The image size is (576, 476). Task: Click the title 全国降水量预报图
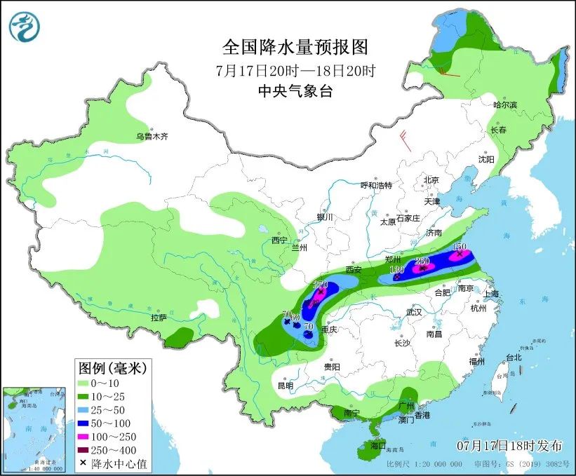pyautogui.click(x=295, y=47)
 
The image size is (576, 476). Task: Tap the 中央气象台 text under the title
pyautogui.click(x=295, y=90)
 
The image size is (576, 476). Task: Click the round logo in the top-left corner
pyautogui.click(x=25, y=26)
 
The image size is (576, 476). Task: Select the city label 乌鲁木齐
pyautogui.click(x=152, y=136)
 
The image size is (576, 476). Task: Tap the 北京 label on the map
pyautogui.click(x=431, y=180)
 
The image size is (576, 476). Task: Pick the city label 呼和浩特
pyautogui.click(x=376, y=185)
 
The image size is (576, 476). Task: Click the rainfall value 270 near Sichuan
pyautogui.click(x=320, y=285)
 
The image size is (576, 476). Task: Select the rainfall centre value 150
pyautogui.click(x=460, y=247)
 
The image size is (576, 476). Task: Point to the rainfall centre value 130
pyautogui.click(x=396, y=270)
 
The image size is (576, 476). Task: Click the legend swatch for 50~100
pyautogui.click(x=87, y=424)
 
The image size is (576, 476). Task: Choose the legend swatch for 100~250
pyautogui.click(x=87, y=437)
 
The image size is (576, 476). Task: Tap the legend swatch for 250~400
pyautogui.click(x=87, y=450)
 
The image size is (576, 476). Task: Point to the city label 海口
pyautogui.click(x=379, y=445)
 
